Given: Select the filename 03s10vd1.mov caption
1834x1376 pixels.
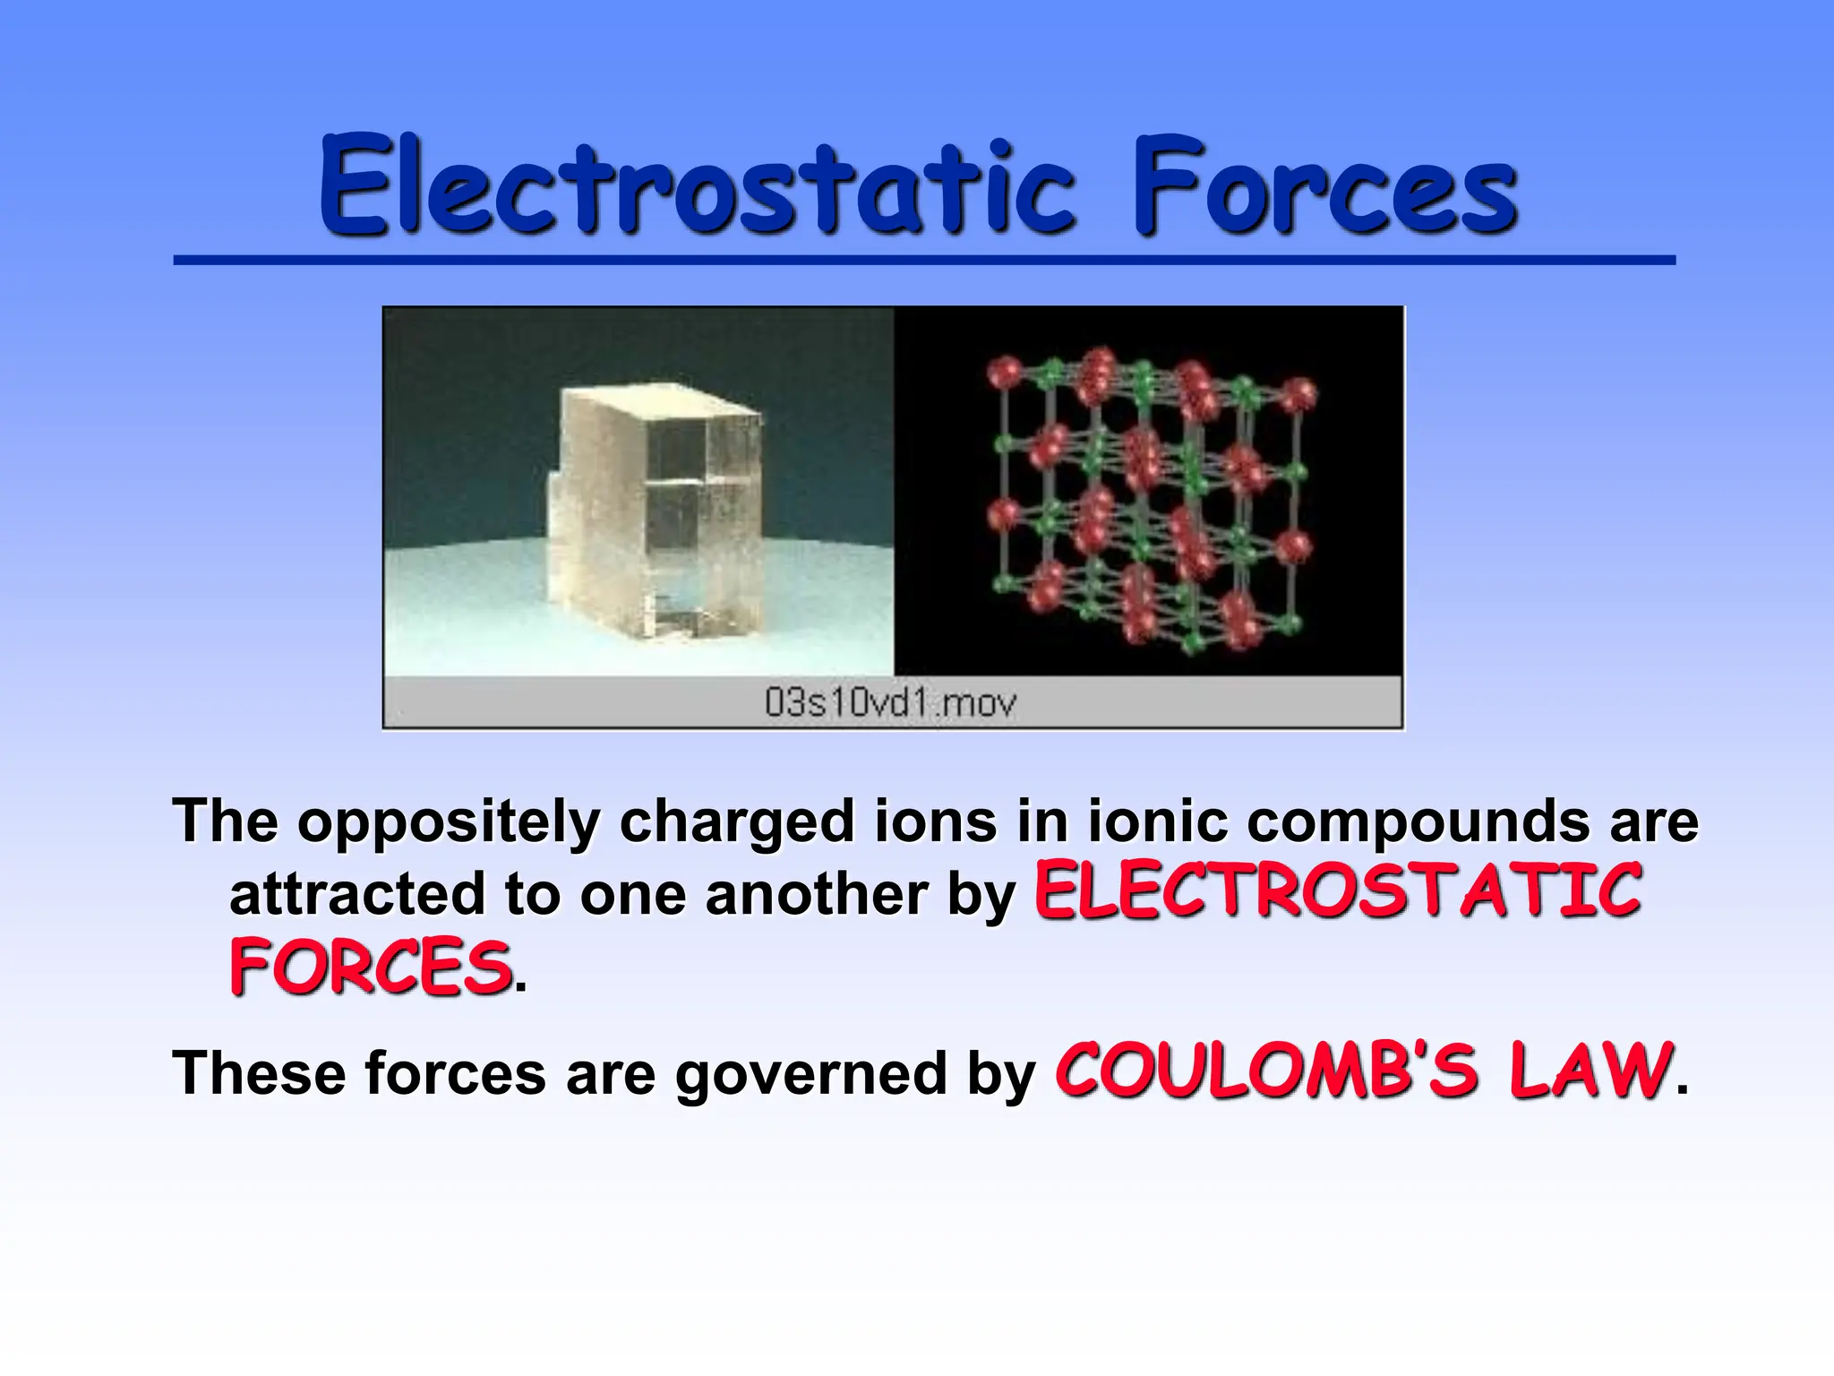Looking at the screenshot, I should tap(891, 703).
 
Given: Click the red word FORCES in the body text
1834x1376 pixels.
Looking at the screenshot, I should tap(370, 967).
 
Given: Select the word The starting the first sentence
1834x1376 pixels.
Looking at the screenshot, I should tap(225, 821).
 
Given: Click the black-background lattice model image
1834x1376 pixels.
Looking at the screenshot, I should tap(1148, 491).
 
